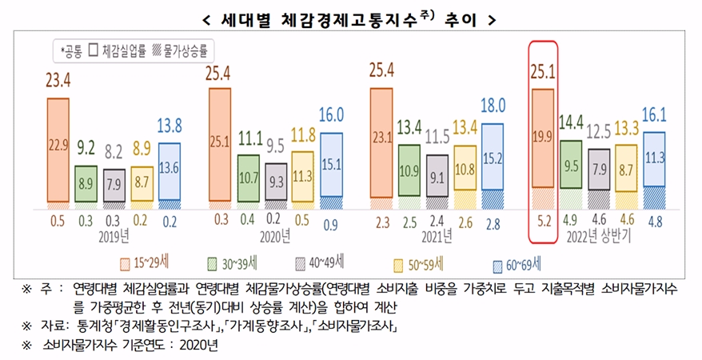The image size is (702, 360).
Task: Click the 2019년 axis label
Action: tap(115, 238)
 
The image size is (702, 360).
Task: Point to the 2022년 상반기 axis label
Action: tap(599, 238)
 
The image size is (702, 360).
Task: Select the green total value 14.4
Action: tap(572, 123)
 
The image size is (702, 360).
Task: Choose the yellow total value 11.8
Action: tap(303, 134)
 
